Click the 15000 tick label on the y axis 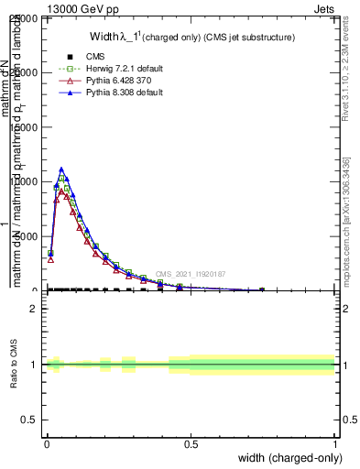coord(26,127)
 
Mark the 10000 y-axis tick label coord(26,181)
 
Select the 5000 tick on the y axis coord(28,236)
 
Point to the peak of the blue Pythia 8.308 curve coord(61,169)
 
